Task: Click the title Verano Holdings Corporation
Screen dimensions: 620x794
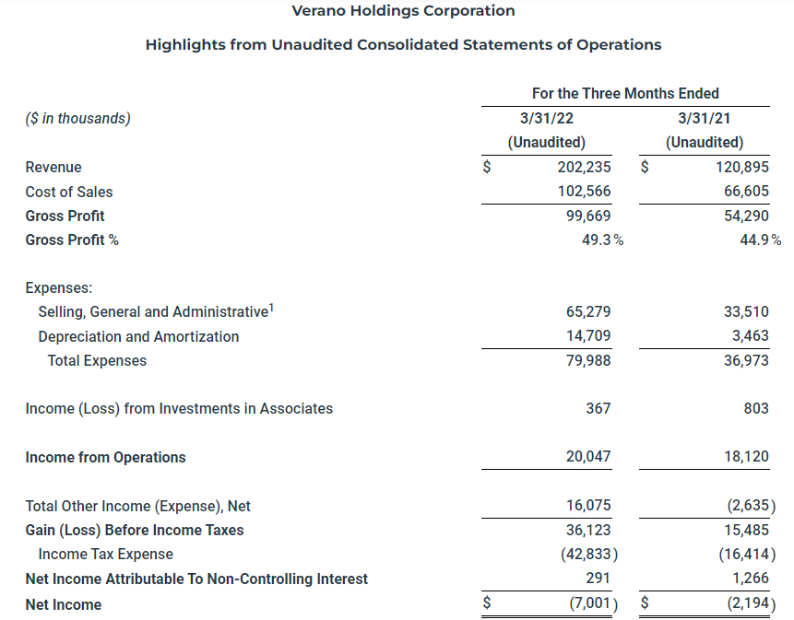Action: (x=403, y=11)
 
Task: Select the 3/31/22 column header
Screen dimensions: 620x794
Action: (x=547, y=118)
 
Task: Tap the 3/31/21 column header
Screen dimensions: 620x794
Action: (x=705, y=118)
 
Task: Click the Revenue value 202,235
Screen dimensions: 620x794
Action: (x=584, y=167)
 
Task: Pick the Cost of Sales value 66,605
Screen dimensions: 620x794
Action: (x=742, y=192)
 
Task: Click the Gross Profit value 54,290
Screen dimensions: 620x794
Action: (x=742, y=216)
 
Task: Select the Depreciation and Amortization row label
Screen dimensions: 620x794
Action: (x=138, y=336)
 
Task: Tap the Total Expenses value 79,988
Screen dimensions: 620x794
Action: (x=587, y=360)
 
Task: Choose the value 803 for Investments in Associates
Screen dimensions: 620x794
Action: (x=755, y=408)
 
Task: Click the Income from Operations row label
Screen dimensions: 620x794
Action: (x=105, y=457)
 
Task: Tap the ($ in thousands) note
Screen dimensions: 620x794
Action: (x=77, y=118)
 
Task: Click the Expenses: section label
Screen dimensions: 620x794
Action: (x=59, y=287)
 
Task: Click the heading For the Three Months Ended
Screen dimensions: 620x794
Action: (x=625, y=93)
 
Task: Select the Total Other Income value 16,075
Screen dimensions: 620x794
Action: (x=587, y=506)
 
